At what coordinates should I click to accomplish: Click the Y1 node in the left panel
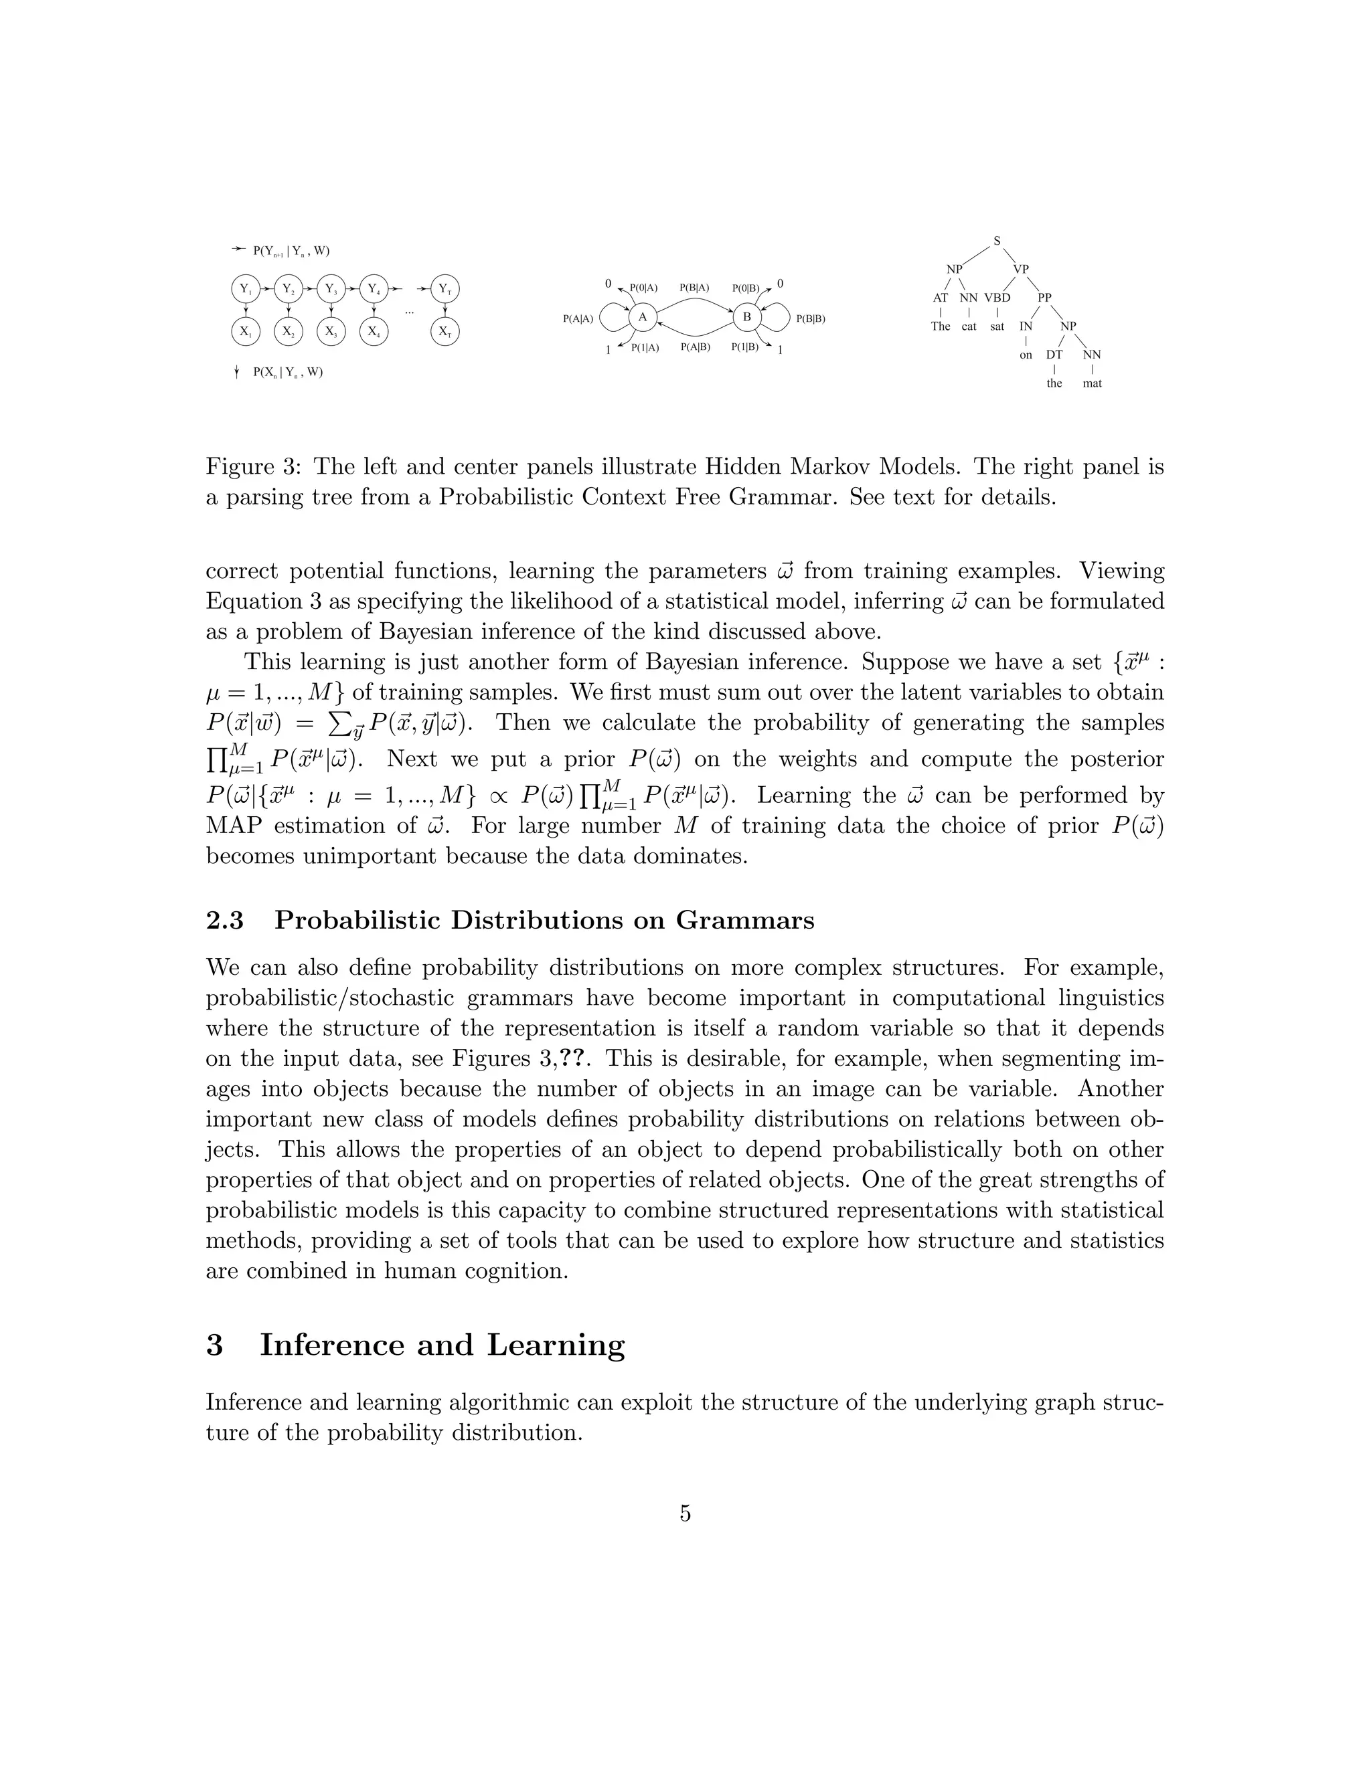245,288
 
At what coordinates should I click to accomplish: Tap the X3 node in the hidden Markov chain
331,331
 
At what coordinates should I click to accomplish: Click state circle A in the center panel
643,317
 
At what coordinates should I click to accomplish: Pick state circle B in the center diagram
746,317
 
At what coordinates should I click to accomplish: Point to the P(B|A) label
694,288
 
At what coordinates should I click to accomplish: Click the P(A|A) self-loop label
578,319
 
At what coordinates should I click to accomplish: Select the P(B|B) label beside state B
810,319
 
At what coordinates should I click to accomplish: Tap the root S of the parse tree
997,241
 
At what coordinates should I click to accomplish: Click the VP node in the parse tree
1021,270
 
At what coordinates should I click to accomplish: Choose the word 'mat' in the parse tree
1092,383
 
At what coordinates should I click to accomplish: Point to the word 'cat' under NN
969,326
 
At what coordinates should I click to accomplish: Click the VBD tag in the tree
997,298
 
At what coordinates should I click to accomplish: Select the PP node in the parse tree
1044,298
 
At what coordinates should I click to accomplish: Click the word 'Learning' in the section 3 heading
556,1345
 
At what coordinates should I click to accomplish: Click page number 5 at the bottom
685,1513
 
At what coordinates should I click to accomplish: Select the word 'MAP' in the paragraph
232,826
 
